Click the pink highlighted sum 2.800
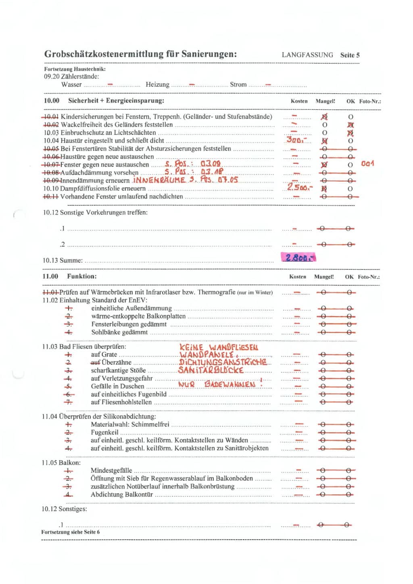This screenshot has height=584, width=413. coord(298,257)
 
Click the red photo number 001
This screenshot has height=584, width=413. coord(367,163)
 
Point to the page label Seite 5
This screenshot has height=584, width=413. coord(350,55)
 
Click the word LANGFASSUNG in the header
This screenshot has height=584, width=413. coord(307,55)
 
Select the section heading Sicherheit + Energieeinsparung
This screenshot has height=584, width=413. coord(116,100)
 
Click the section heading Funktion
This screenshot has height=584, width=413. coord(82,276)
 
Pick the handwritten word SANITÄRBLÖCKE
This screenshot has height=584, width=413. coord(211,370)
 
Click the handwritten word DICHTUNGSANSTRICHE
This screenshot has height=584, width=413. coord(223,362)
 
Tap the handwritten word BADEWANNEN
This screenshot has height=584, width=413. coord(230,384)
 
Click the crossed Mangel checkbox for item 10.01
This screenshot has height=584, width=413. coord(324,117)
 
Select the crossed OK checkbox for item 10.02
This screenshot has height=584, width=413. coord(350,125)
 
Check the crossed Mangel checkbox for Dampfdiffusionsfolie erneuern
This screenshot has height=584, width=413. coord(324,188)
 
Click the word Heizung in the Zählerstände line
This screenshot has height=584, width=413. coord(157,84)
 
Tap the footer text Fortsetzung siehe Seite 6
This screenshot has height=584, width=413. coord(70,532)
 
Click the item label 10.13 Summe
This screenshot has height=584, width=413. coord(63,260)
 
